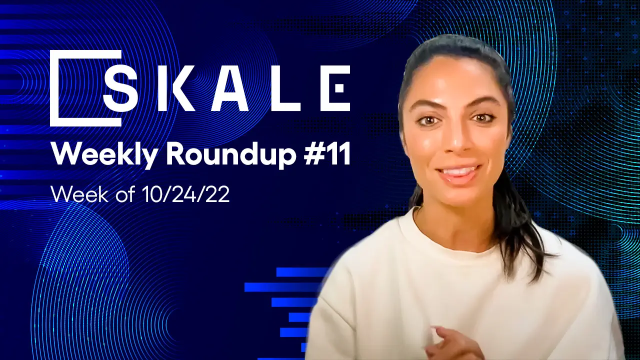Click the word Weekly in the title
104,155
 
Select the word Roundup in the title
229,155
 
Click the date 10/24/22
183,193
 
